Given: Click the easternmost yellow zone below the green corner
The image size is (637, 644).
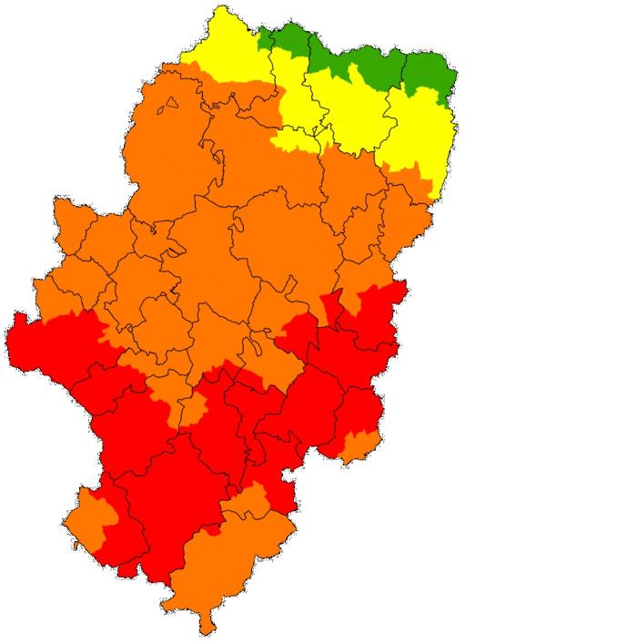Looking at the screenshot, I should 419,128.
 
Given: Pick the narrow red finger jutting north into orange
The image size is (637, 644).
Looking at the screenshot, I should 331,301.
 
